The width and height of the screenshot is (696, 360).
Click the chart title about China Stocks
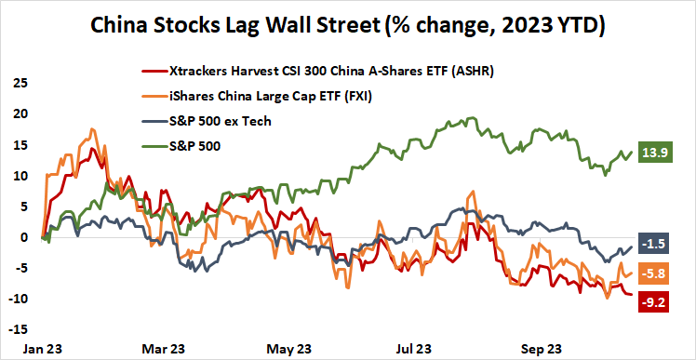pos(348,26)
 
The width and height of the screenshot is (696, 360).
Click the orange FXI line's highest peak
pos(90,129)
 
